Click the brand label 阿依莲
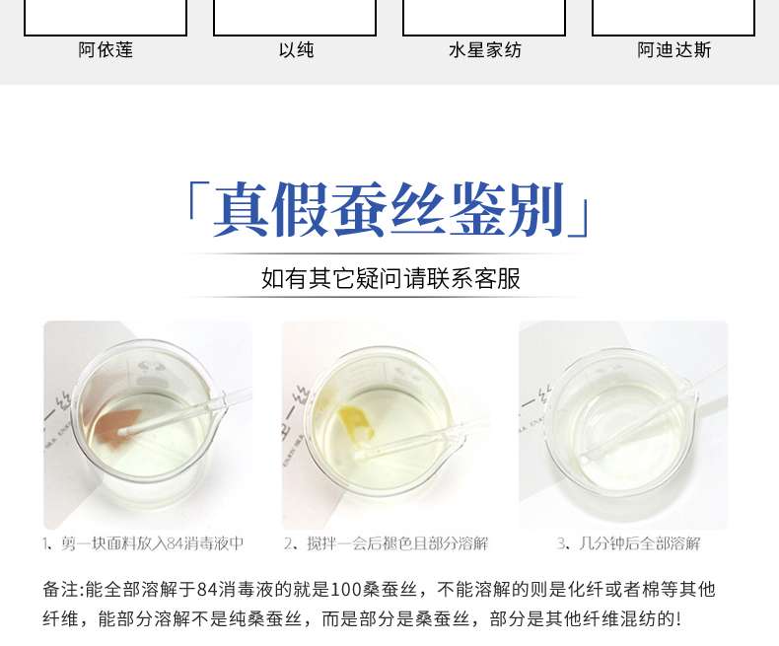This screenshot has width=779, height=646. [106, 50]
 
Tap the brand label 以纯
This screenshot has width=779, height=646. [296, 50]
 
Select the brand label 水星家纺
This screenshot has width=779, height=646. [485, 50]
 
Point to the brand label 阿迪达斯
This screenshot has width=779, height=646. [674, 50]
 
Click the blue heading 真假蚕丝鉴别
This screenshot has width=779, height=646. [388, 210]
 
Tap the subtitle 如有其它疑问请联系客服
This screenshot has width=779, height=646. [390, 278]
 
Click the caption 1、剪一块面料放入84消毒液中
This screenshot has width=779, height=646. [143, 543]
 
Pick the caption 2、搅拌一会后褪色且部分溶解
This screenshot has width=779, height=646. [386, 543]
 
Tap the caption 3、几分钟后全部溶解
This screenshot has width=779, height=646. [628, 543]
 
